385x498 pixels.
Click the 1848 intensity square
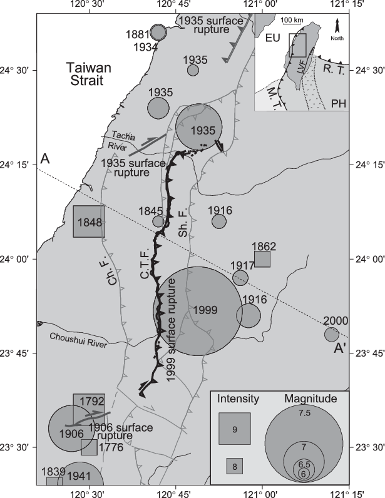pos(89,221)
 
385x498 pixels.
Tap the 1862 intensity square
pos(262,258)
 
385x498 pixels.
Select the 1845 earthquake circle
pos(158,221)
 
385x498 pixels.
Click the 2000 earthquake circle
pos(332,335)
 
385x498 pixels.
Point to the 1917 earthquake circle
pos(240,278)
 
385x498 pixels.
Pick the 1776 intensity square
pos(89,447)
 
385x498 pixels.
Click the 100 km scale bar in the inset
pos(291,25)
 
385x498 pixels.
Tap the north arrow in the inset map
pos(337,27)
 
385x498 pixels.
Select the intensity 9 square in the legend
pos(235,429)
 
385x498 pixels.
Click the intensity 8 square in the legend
pos(234,465)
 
